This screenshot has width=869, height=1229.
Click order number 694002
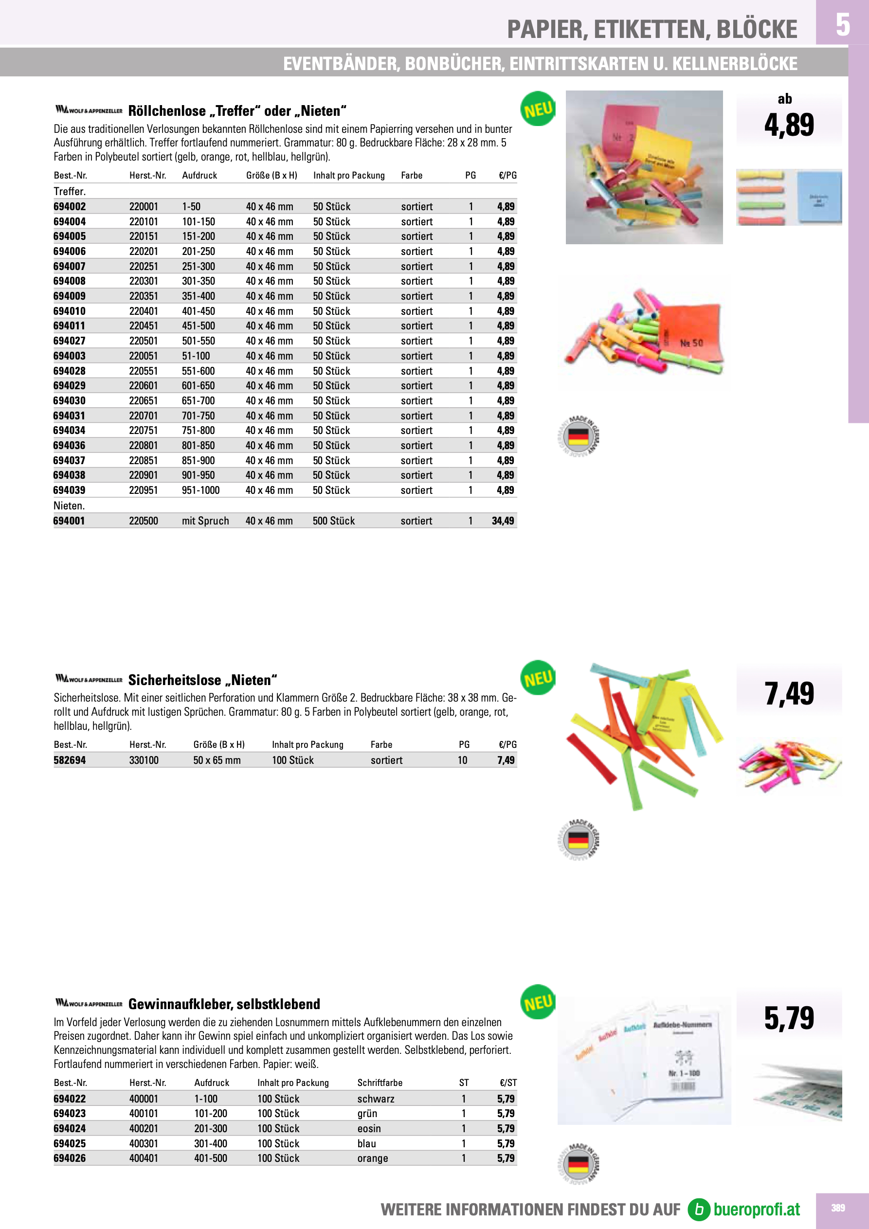[70, 207]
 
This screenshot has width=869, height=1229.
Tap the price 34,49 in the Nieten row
[503, 521]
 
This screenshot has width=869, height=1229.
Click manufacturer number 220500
[144, 521]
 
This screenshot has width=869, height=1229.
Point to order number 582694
[70, 760]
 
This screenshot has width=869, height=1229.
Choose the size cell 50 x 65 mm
[217, 760]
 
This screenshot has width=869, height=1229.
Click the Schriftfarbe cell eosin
[369, 1128]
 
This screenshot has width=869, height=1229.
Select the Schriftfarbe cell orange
[373, 1158]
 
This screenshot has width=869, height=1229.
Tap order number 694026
[70, 1158]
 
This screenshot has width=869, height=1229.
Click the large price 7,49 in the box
[789, 694]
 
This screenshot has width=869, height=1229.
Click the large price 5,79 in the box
[789, 1018]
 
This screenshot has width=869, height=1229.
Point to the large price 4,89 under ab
[789, 125]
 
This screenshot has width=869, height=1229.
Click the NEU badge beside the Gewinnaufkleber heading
[538, 1002]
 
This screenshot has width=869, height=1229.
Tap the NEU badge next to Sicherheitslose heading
[538, 678]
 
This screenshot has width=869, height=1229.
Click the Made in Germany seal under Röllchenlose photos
[578, 436]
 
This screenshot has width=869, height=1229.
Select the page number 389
[838, 1208]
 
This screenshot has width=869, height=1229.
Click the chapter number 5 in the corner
[842, 24]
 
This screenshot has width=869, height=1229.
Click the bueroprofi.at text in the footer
[756, 1209]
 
